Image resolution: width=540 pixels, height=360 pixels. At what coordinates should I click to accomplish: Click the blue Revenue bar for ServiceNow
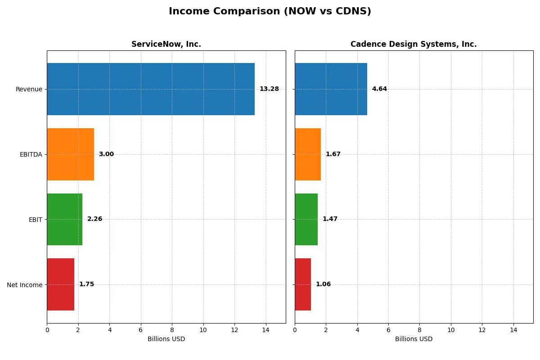click(x=151, y=89)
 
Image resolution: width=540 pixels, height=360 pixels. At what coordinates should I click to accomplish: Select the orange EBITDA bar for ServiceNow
click(x=71, y=154)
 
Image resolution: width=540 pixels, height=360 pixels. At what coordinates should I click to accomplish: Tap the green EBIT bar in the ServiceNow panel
click(x=65, y=219)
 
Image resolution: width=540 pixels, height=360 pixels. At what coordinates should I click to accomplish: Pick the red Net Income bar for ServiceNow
click(x=61, y=284)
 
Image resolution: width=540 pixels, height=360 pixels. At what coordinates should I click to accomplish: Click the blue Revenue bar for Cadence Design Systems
click(x=331, y=89)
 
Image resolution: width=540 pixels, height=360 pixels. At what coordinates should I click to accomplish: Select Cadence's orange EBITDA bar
click(x=308, y=154)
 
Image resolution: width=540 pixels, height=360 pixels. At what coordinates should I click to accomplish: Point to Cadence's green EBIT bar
click(x=306, y=219)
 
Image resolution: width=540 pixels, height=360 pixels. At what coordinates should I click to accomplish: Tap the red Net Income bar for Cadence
click(x=303, y=284)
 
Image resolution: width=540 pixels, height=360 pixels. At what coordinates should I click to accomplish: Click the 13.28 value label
click(x=269, y=89)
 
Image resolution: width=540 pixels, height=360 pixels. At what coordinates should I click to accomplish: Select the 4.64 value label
click(x=379, y=89)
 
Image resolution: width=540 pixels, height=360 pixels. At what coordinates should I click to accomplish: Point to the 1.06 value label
click(x=323, y=284)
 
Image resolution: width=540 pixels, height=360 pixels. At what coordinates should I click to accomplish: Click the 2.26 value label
click(x=94, y=219)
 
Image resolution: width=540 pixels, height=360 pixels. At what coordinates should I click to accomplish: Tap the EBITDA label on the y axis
click(x=31, y=154)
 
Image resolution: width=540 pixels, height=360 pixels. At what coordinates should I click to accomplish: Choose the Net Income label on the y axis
click(x=24, y=285)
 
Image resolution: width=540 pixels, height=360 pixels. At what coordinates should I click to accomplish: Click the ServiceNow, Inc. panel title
click(x=166, y=44)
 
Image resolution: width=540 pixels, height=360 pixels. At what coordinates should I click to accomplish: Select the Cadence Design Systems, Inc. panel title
click(x=414, y=44)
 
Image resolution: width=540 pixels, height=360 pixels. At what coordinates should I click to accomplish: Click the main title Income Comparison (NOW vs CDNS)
click(x=270, y=11)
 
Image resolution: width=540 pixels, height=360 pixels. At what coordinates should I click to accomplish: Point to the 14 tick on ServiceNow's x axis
click(x=266, y=329)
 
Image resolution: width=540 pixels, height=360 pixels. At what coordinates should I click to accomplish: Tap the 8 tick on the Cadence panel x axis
click(x=419, y=329)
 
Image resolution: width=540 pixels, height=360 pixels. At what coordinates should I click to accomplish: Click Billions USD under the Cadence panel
click(x=414, y=339)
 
